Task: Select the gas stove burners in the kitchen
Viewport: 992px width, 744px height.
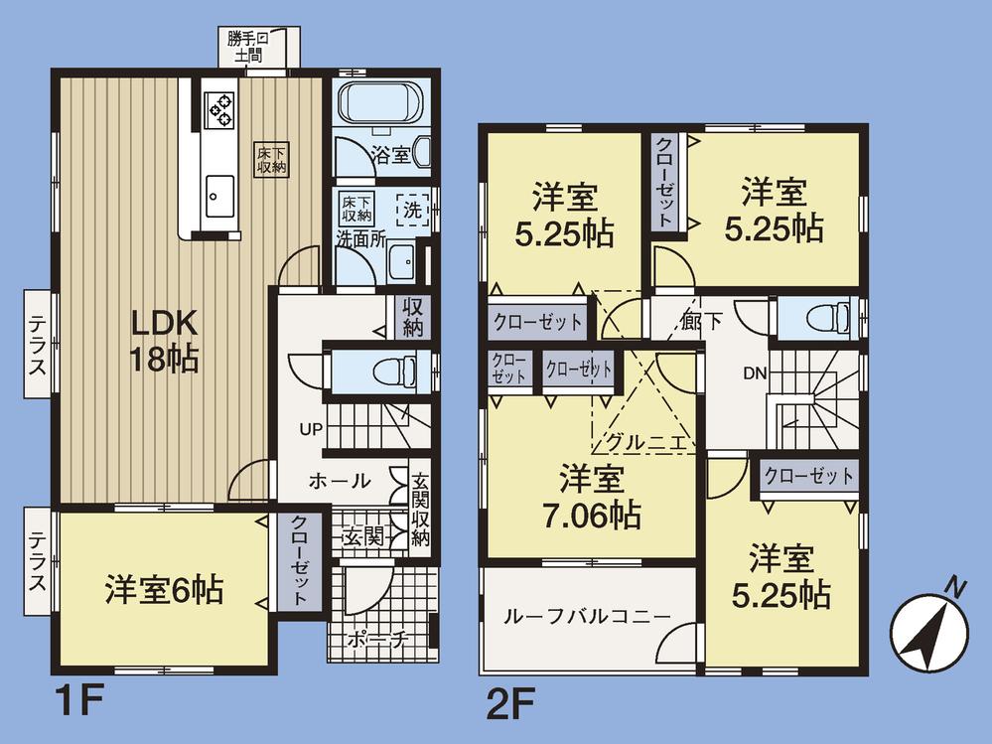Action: [219, 108]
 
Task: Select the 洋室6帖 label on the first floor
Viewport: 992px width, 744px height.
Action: [164, 591]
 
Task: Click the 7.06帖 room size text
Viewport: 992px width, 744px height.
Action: [591, 516]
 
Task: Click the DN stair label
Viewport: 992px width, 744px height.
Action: [755, 373]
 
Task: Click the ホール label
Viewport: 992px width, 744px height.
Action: [341, 481]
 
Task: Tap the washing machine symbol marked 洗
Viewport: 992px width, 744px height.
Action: [411, 210]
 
